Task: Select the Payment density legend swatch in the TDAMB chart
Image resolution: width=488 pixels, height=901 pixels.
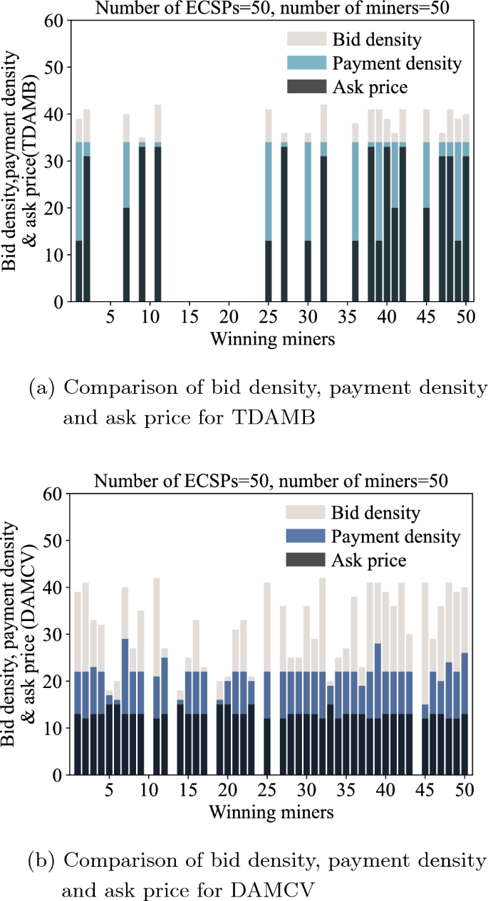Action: pyautogui.click(x=306, y=63)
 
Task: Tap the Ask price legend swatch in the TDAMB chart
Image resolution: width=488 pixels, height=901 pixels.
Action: pyautogui.click(x=306, y=88)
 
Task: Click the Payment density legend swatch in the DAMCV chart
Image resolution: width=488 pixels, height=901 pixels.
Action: pyautogui.click(x=305, y=536)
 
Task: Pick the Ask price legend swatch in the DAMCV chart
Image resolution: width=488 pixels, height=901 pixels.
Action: pyautogui.click(x=305, y=561)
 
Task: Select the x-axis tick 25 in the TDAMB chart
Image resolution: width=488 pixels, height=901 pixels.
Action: pyautogui.click(x=269, y=315)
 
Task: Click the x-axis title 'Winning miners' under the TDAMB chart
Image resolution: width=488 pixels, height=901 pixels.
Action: pyautogui.click(x=272, y=339)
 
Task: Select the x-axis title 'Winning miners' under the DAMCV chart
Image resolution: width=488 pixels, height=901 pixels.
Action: pyautogui.click(x=272, y=811)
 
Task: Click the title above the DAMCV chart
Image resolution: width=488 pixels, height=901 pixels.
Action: pyautogui.click(x=271, y=480)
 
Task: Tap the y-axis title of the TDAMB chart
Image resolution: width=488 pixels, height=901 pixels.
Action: pyautogui.click(x=21, y=163)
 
